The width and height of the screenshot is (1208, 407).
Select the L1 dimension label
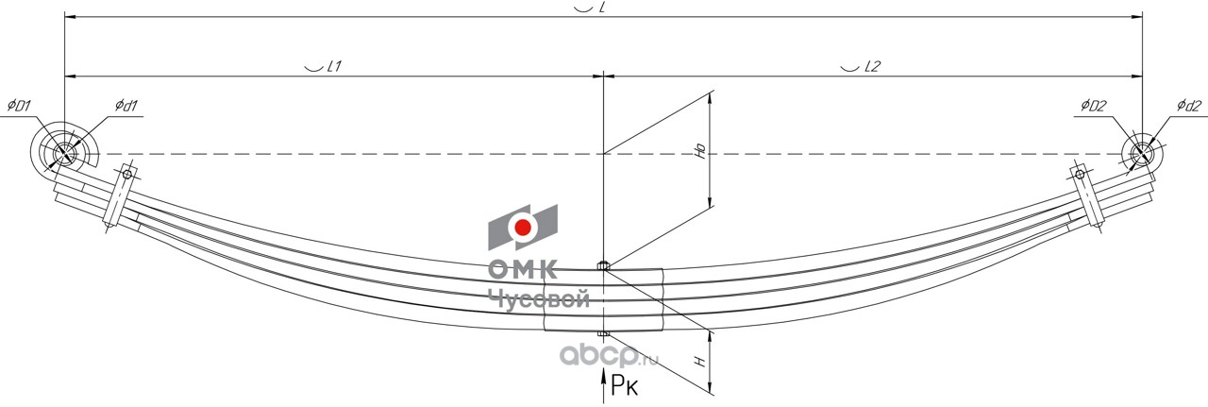325,67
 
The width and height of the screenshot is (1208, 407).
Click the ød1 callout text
127,106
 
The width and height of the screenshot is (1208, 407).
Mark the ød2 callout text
1188,105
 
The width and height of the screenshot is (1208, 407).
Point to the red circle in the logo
522,228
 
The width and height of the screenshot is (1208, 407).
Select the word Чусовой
539,299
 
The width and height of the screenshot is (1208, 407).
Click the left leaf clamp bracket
119,198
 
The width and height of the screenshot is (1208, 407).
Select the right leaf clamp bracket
1087,196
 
